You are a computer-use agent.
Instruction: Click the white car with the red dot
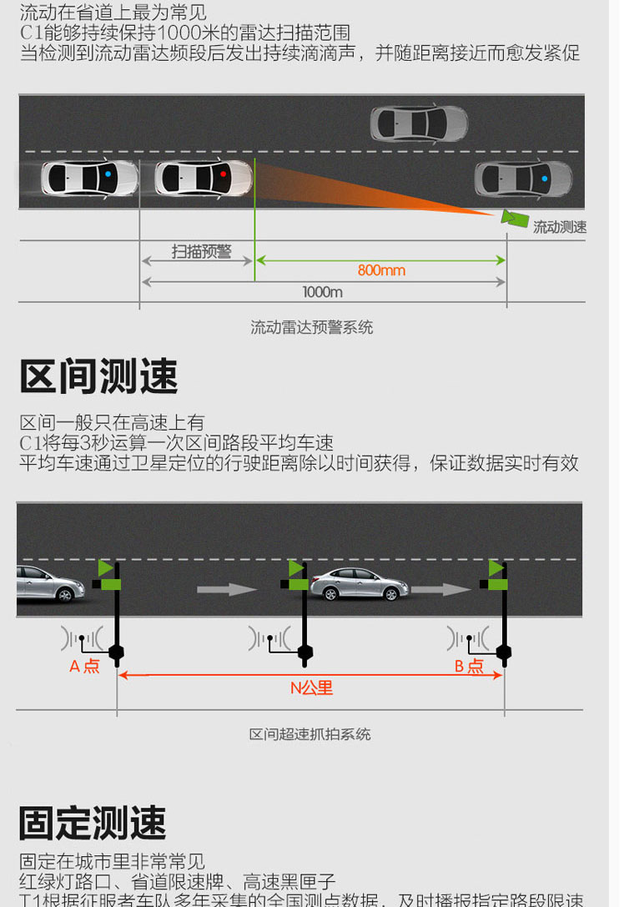click(x=203, y=177)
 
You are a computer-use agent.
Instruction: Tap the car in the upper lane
click(x=419, y=123)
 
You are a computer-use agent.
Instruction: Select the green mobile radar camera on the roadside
click(x=513, y=218)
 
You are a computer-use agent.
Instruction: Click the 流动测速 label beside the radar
click(x=560, y=227)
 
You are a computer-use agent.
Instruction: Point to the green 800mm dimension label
click(x=381, y=270)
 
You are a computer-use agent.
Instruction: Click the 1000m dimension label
click(x=322, y=292)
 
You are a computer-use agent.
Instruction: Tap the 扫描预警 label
click(x=202, y=251)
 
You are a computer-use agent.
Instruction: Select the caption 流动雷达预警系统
click(x=311, y=328)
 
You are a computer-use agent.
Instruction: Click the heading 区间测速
click(x=98, y=377)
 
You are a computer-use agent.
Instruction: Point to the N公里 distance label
click(x=311, y=688)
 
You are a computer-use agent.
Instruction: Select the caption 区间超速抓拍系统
click(x=309, y=734)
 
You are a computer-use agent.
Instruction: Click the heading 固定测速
click(x=93, y=824)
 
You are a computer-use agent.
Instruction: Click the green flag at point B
click(x=496, y=569)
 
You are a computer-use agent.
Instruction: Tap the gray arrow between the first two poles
click(x=227, y=589)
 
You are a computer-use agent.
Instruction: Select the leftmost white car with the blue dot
click(x=90, y=177)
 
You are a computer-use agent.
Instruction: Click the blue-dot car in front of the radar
click(x=523, y=179)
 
